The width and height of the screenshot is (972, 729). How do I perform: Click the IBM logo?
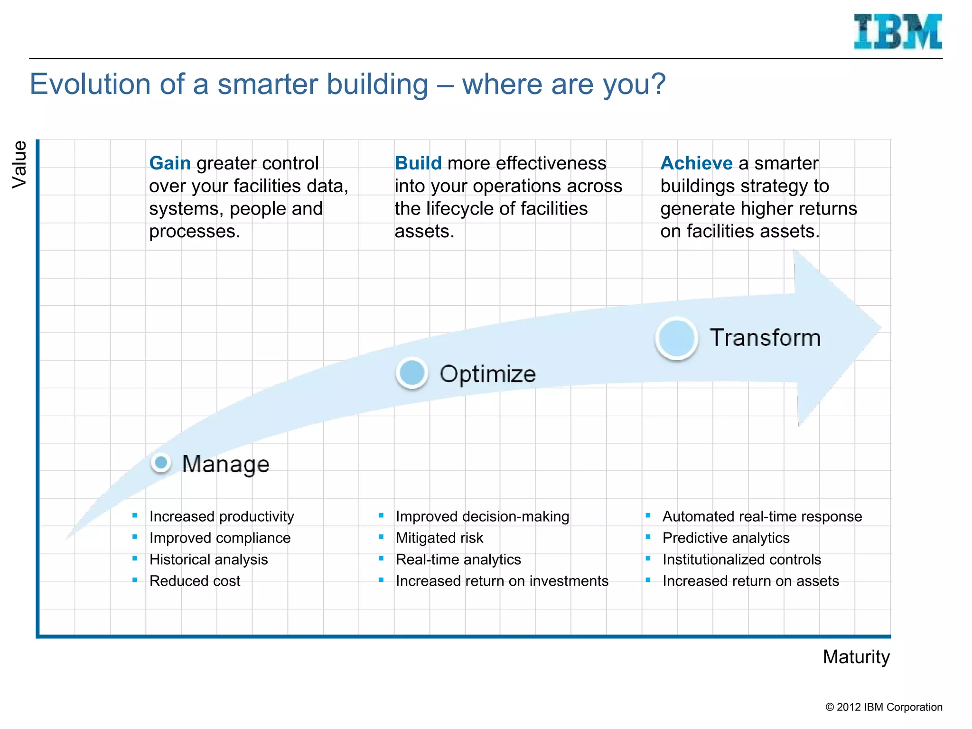click(897, 31)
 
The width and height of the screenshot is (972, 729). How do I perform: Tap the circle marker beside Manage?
click(161, 462)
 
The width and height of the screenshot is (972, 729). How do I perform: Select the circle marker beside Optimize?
click(412, 373)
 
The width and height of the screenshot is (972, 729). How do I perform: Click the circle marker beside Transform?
click(676, 338)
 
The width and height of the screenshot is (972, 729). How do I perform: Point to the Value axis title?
click(19, 164)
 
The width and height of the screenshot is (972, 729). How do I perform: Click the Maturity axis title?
click(856, 657)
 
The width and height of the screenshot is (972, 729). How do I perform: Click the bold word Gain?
click(169, 163)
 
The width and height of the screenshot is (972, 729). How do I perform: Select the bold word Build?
click(418, 163)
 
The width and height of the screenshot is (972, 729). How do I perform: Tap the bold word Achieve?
click(696, 163)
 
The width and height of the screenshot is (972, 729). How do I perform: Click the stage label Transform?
click(765, 338)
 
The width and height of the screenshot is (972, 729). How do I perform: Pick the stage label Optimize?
click(487, 374)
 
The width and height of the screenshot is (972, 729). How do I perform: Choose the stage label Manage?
click(225, 464)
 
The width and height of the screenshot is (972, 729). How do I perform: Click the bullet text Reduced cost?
click(195, 581)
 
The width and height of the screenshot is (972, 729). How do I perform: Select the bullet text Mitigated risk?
click(439, 538)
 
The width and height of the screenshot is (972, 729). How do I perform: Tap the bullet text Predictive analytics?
click(726, 538)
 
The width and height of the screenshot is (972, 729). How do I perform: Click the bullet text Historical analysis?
click(208, 560)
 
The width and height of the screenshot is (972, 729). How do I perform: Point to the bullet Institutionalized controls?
click(741, 560)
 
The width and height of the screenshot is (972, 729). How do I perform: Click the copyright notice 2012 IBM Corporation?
click(884, 707)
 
